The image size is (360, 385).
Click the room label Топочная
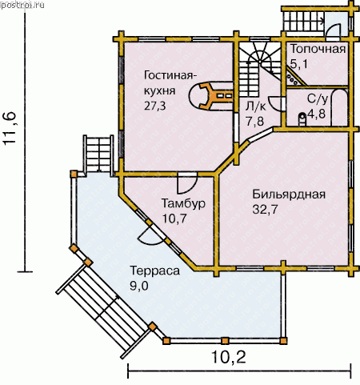tap(318, 49)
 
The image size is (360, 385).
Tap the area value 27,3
tap(155, 106)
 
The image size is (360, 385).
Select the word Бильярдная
tap(289, 195)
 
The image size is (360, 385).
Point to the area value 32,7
tap(265, 210)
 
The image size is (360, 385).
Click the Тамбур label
tap(183, 203)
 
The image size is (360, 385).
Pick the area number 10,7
tap(174, 219)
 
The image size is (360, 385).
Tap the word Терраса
tap(155, 271)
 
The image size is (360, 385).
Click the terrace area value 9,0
tap(139, 286)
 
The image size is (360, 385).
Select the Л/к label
tap(256, 106)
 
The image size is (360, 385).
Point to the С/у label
tap(317, 99)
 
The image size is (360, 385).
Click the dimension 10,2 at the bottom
tap(229, 357)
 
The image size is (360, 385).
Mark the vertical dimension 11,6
tap(10, 128)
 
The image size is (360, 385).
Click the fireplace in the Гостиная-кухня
tap(210, 95)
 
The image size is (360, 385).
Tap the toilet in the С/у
tap(302, 119)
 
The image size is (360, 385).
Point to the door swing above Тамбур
tap(187, 183)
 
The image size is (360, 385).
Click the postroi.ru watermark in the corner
tap(22, 5)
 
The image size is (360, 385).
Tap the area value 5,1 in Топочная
tap(299, 64)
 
